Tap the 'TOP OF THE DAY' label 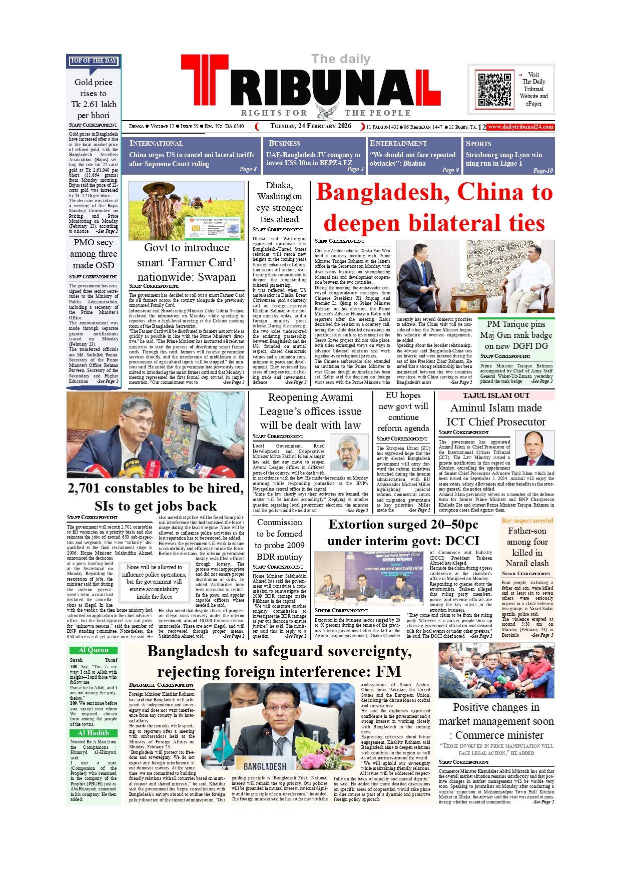pos(94,61)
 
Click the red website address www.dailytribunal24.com pos(520,127)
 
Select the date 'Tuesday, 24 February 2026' pos(311,126)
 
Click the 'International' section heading pos(156,144)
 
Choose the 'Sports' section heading pos(478,144)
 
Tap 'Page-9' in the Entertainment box pos(450,170)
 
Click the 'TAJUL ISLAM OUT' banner pos(496,395)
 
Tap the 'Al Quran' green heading pos(94,650)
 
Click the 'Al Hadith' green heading pos(94,733)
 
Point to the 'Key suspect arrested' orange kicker pos(527,521)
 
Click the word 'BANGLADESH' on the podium pos(265,766)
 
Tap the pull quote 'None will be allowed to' pos(154,567)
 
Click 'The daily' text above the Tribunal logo pos(341,59)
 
